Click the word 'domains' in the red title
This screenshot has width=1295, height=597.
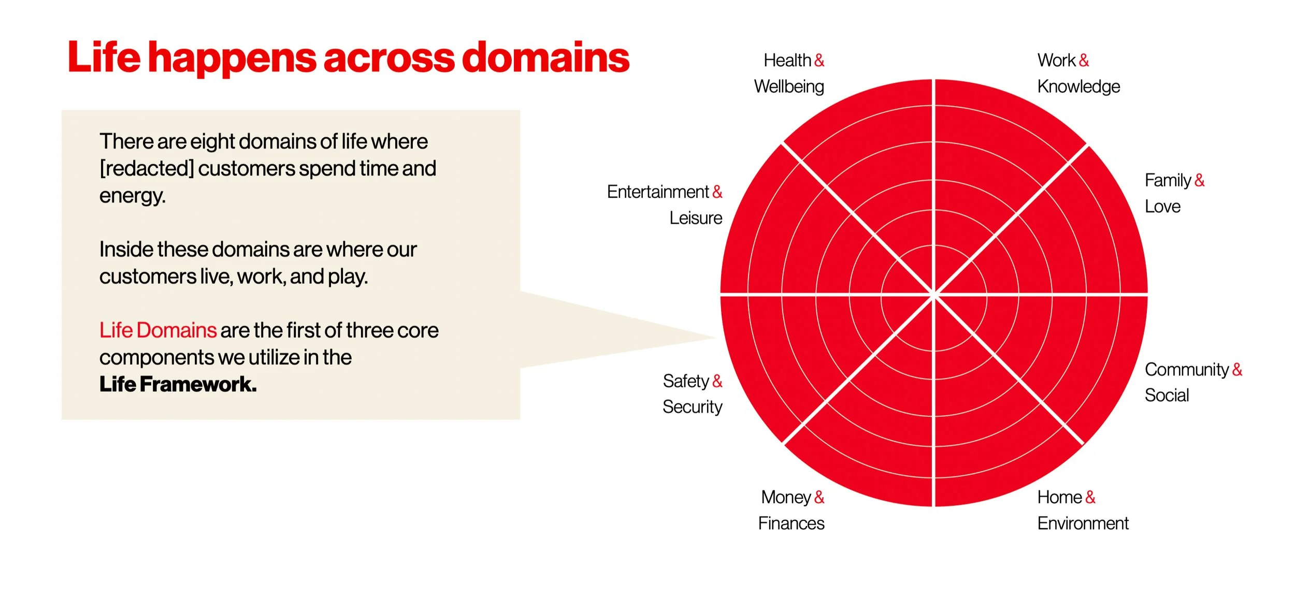point(545,57)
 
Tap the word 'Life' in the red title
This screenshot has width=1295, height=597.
point(104,57)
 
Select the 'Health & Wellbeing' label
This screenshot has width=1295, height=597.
point(789,74)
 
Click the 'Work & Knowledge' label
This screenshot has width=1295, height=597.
point(1078,74)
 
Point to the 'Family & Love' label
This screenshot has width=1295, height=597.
point(1174,193)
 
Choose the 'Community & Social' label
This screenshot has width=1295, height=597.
point(1193,382)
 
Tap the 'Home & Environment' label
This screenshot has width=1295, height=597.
point(1083,510)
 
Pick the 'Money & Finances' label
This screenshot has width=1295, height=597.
point(791,510)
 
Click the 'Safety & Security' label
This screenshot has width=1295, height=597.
point(692,394)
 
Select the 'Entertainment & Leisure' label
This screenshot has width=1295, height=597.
point(665,205)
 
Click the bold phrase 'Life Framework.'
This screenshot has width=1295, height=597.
point(178,385)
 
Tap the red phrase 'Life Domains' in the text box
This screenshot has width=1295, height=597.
point(157,330)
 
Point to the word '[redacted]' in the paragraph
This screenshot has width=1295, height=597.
point(147,169)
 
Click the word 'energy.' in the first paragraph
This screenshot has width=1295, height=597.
point(133,196)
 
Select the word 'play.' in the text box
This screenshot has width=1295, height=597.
point(348,276)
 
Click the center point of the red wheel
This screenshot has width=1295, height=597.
point(933,295)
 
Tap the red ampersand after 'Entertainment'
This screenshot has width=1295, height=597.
point(717,192)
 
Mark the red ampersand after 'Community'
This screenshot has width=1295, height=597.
point(1238,370)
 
